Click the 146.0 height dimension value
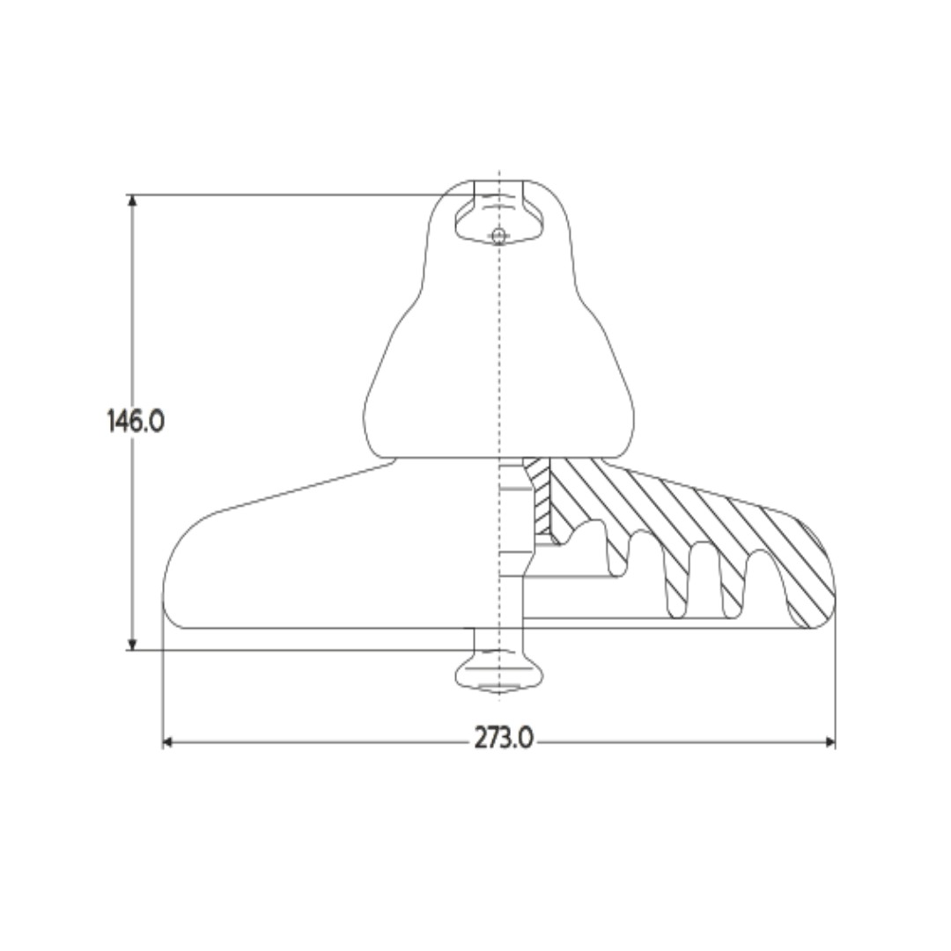136,421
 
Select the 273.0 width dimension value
504,739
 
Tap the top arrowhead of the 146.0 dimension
133,200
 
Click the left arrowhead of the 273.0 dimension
168,742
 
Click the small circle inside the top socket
499,235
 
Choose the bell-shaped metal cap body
499,370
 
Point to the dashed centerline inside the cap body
499,352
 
